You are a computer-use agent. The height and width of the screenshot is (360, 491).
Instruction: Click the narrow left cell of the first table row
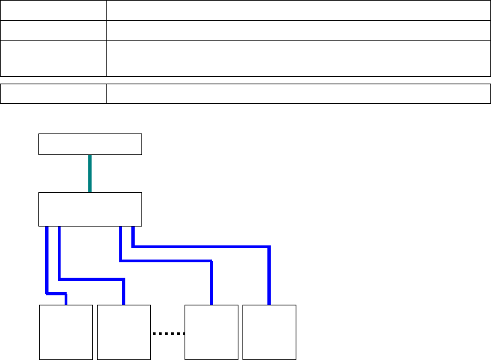53,10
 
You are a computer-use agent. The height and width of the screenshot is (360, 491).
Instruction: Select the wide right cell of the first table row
298,10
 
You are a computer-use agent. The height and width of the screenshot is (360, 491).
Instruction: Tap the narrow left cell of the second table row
53,30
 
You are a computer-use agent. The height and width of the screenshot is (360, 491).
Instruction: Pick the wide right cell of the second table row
298,30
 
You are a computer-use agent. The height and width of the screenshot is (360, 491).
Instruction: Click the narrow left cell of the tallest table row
53,58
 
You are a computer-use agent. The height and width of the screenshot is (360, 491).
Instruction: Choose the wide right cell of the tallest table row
298,58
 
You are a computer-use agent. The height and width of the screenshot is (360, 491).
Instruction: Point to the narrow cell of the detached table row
53,94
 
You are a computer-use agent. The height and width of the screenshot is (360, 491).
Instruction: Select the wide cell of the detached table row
298,94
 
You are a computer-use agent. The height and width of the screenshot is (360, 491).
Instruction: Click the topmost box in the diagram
90,144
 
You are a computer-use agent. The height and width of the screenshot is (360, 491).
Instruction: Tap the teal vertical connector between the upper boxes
90,173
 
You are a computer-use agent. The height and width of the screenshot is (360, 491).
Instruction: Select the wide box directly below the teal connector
90,209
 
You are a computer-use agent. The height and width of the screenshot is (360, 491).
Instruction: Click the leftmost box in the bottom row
66,332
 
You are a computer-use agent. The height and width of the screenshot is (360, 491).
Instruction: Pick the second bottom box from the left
123,332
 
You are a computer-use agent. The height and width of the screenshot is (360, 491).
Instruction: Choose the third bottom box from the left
211,332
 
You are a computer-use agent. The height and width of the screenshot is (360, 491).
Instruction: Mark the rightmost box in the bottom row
269,332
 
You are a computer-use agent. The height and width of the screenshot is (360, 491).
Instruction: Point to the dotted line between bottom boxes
167,333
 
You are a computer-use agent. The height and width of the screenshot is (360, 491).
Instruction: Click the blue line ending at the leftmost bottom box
46,263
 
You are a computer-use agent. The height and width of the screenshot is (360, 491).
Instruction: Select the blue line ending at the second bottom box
91,278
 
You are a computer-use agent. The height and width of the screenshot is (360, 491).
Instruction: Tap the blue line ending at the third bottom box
168,261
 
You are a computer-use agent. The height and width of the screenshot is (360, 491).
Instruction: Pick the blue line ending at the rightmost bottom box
202,247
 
